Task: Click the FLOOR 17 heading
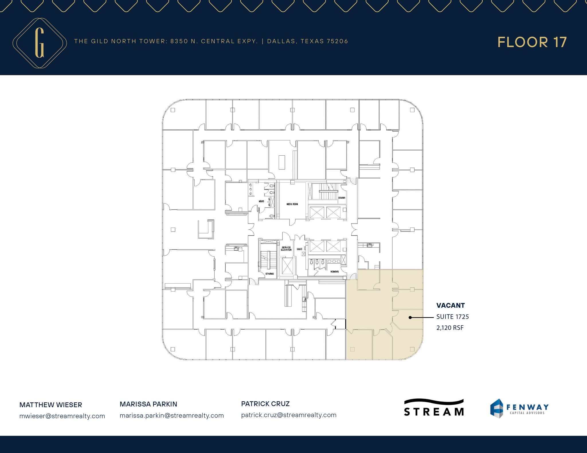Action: click(x=532, y=42)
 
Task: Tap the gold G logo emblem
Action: click(x=40, y=43)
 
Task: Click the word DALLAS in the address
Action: click(x=281, y=41)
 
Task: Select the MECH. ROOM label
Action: click(x=292, y=204)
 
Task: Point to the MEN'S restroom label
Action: click(x=261, y=201)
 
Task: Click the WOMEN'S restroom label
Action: click(x=334, y=272)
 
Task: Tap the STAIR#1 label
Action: click(x=341, y=198)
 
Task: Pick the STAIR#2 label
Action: click(x=269, y=274)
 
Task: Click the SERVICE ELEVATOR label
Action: click(x=286, y=249)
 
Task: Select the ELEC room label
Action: click(x=299, y=249)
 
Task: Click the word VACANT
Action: click(x=450, y=305)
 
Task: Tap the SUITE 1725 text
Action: click(x=452, y=317)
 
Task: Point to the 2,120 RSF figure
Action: click(x=450, y=328)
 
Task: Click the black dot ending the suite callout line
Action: click(x=410, y=317)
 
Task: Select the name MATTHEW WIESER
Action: click(x=51, y=405)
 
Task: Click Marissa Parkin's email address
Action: click(x=172, y=416)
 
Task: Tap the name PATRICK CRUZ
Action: click(x=265, y=404)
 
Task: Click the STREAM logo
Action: click(x=434, y=407)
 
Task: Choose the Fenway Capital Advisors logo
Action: click(x=519, y=408)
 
